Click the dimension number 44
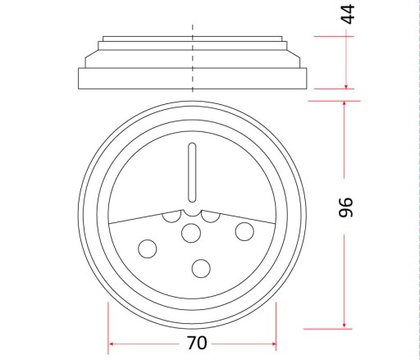(x=347, y=14)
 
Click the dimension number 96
(x=345, y=207)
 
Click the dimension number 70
(x=197, y=343)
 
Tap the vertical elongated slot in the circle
(x=192, y=173)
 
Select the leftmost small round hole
(x=148, y=248)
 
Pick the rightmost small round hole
(x=244, y=231)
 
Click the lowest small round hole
(x=201, y=268)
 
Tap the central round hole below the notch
(x=191, y=233)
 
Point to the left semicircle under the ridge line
(x=171, y=217)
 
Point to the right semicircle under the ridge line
(x=211, y=217)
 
